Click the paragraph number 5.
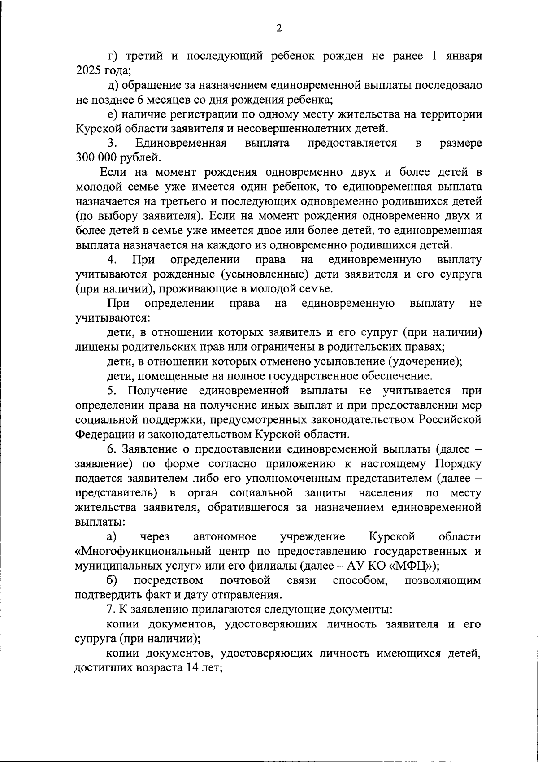(112, 391)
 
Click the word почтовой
(245, 580)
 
